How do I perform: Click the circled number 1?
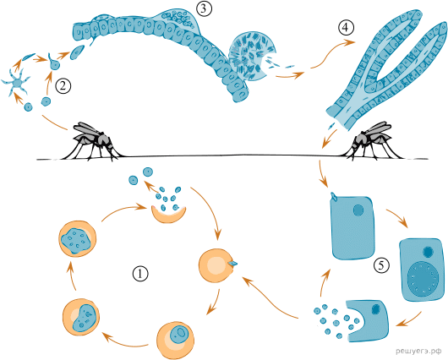[140, 274]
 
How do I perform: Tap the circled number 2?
[63, 86]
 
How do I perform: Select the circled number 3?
[204, 8]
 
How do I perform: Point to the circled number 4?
[346, 28]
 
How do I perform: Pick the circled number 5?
[381, 265]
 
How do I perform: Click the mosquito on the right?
[371, 141]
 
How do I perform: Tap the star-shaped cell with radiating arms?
[16, 83]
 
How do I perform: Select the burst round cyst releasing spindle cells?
[251, 57]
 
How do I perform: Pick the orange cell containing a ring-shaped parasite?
[176, 340]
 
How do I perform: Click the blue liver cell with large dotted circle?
[422, 270]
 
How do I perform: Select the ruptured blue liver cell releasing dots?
[368, 320]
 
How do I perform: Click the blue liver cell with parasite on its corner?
[352, 227]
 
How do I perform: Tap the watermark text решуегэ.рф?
[421, 351]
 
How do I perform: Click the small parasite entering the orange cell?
[232, 263]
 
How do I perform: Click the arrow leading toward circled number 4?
[333, 53]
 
